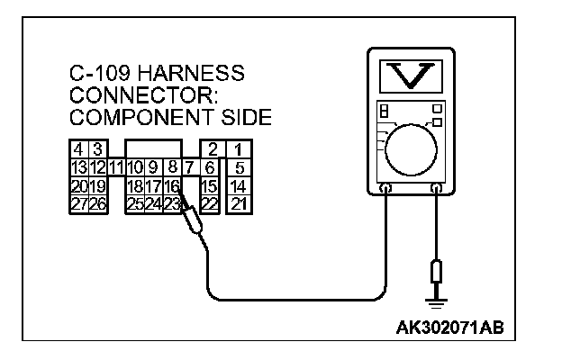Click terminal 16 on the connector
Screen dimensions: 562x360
coord(172,185)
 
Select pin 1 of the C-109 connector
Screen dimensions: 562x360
coord(238,148)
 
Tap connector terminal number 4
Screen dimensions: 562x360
coord(78,148)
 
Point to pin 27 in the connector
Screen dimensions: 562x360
coord(78,203)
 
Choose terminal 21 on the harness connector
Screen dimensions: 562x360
coord(238,203)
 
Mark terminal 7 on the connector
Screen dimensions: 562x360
coord(189,167)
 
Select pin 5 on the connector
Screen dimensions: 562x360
coord(238,167)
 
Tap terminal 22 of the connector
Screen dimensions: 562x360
coord(209,203)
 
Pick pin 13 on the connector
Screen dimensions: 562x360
coord(78,167)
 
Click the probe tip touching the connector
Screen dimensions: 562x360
coord(183,205)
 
